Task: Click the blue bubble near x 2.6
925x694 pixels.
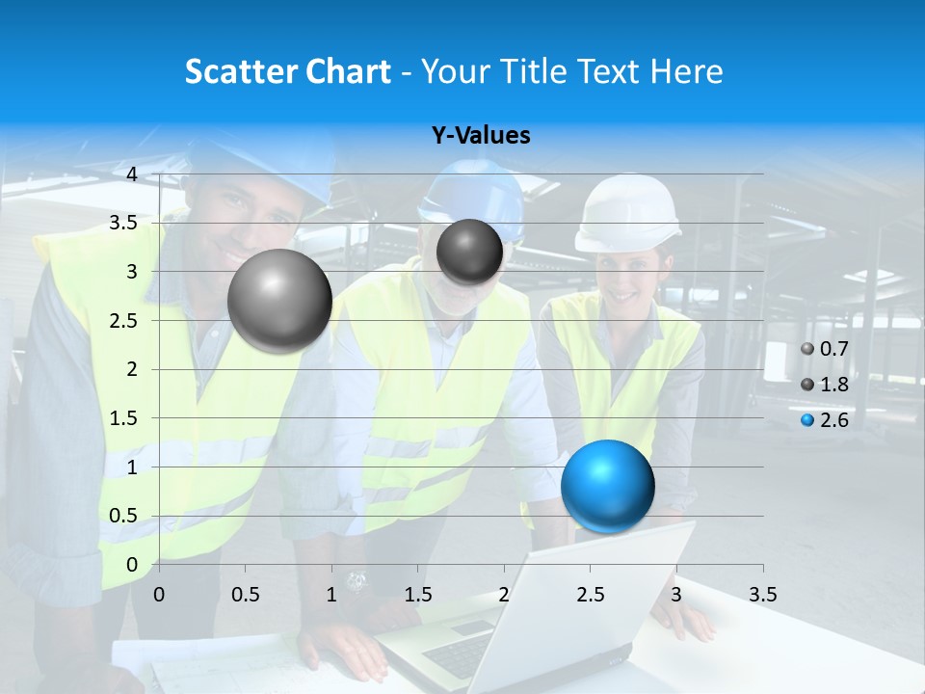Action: pyautogui.click(x=607, y=485)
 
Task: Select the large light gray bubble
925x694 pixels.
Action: pyautogui.click(x=279, y=300)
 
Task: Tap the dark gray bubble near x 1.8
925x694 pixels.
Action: pyautogui.click(x=469, y=252)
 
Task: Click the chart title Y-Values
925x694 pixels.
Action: pyautogui.click(x=481, y=136)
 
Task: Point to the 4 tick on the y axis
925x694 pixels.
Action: pyautogui.click(x=132, y=173)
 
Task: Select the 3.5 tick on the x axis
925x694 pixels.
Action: pyautogui.click(x=762, y=595)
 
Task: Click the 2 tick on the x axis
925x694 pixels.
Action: pyautogui.click(x=503, y=595)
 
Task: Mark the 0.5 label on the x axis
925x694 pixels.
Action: pyautogui.click(x=246, y=595)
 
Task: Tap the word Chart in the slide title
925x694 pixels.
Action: pyautogui.click(x=348, y=71)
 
